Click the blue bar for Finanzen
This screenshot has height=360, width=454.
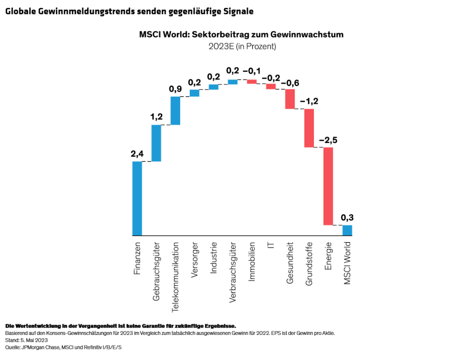[x=137, y=198]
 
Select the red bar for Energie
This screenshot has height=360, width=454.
[x=328, y=186]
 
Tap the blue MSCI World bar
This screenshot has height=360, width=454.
[x=347, y=230]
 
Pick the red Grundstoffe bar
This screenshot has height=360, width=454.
[x=309, y=128]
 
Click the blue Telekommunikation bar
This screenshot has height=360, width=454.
[x=175, y=111]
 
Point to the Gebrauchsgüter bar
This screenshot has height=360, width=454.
[x=156, y=143]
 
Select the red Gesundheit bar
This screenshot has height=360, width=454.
[x=290, y=99]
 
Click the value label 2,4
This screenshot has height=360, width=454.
[x=137, y=154]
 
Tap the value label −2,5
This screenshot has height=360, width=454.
[x=328, y=140]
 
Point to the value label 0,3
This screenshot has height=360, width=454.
[x=347, y=217]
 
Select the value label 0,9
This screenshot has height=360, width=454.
[x=175, y=89]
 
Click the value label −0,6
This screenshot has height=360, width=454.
[x=290, y=83]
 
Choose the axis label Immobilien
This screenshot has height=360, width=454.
[x=252, y=261]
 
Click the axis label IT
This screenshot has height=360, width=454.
[x=271, y=245]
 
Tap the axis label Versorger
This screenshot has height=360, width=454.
[x=195, y=259]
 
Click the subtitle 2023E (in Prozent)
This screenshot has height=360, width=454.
[x=241, y=46]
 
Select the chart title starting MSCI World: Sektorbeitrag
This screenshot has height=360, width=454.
[x=241, y=35]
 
